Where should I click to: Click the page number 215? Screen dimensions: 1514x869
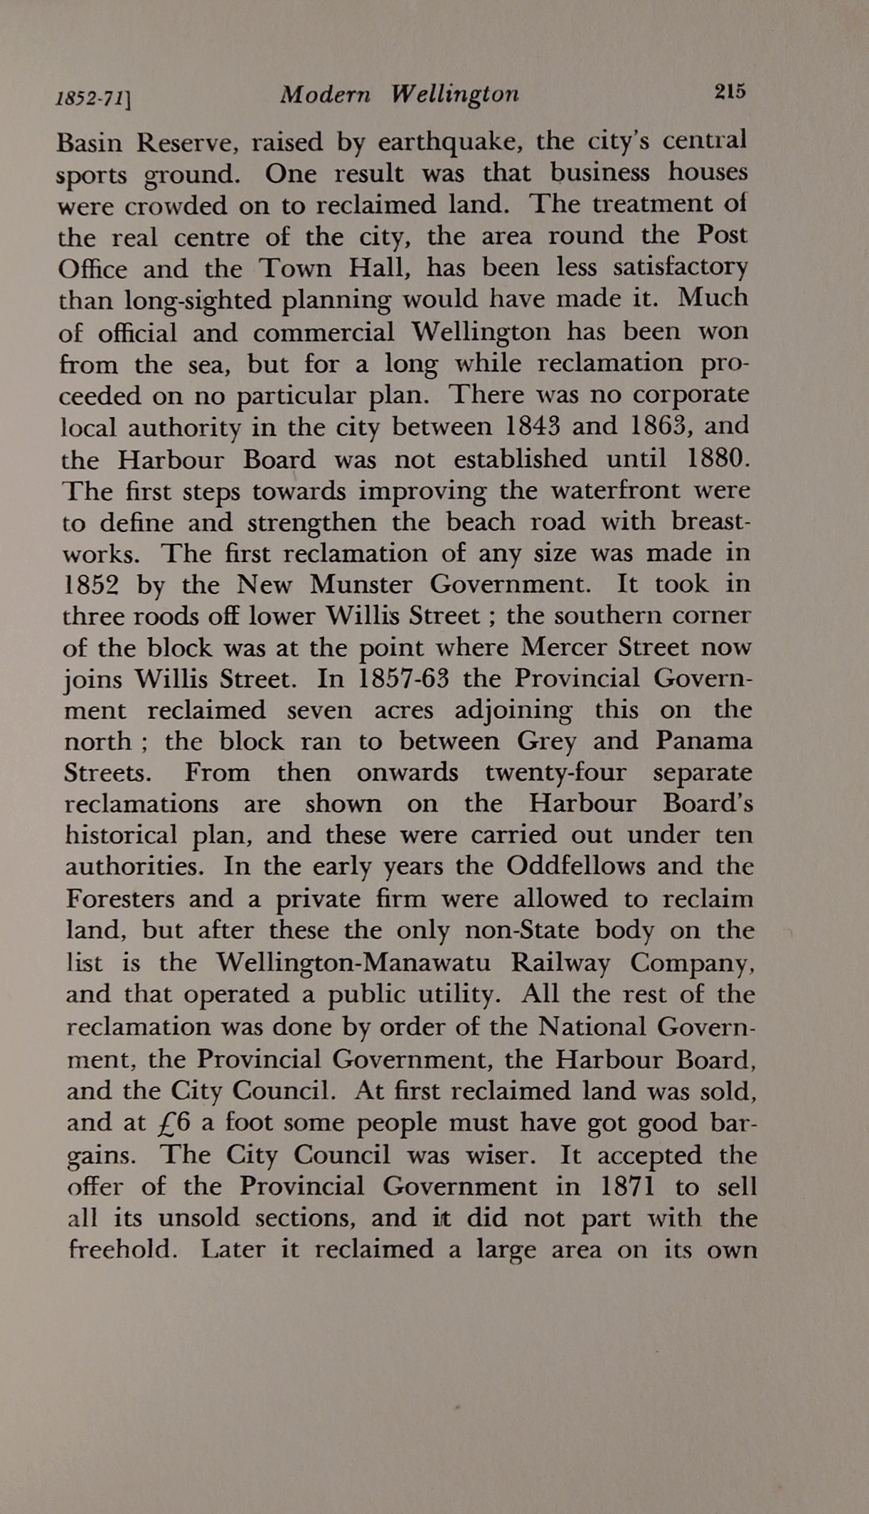730,91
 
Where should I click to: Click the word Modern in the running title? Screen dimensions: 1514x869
325,95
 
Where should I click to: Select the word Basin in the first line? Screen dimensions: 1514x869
89,144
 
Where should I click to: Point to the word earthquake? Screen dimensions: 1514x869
450,142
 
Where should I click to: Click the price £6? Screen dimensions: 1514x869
174,1123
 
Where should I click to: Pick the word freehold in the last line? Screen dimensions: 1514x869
122,1249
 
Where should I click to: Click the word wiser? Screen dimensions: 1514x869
499,1155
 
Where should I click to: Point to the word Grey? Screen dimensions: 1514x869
546,742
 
